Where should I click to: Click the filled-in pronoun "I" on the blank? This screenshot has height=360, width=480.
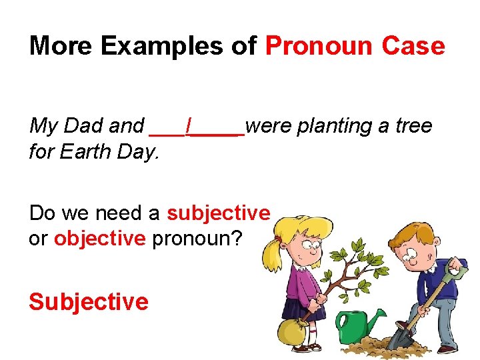click(x=190, y=125)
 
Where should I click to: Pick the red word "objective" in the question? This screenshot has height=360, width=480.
click(x=99, y=239)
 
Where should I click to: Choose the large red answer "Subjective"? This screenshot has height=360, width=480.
click(x=88, y=301)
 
